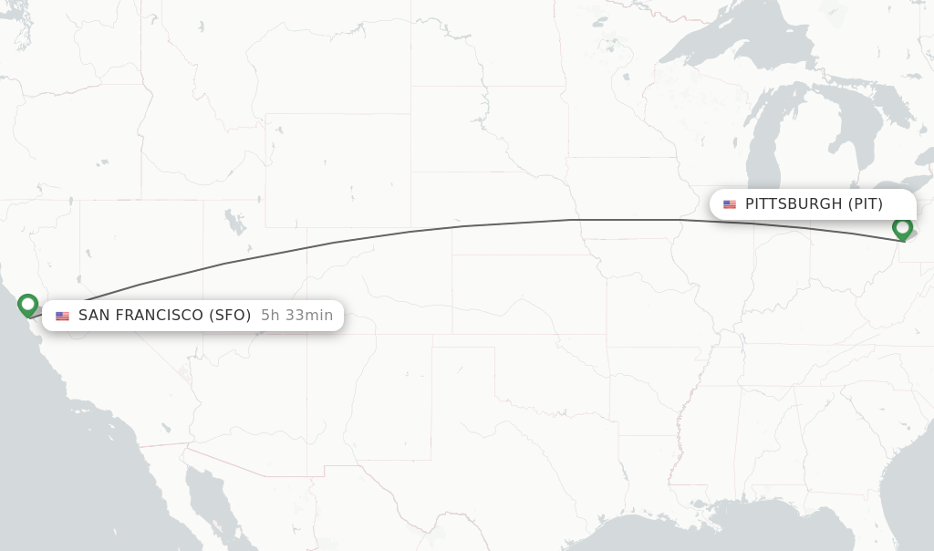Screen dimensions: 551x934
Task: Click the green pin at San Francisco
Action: pos(28,305)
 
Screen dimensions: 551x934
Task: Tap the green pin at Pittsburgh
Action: pos(903,228)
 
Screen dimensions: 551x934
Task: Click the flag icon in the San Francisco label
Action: pos(62,316)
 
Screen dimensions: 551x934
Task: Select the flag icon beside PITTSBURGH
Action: pos(730,204)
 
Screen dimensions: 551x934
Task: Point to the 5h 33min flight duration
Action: pos(296,316)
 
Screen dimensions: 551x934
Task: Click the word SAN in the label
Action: pos(95,316)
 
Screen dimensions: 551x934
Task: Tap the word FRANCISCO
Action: pos(159,316)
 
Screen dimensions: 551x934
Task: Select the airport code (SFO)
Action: pos(230,316)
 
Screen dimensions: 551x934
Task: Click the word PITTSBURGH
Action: pos(794,204)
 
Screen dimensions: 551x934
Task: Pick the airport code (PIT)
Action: pos(866,204)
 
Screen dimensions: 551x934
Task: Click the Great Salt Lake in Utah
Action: pos(235,221)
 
